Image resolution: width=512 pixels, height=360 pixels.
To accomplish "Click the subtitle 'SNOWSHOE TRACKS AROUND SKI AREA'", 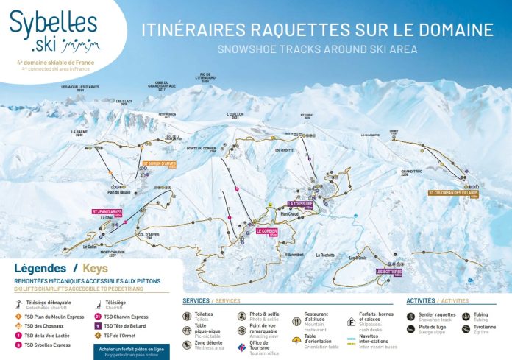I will click(x=318, y=49).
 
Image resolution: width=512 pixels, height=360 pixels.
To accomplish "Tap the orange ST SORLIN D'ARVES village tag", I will click(x=160, y=163).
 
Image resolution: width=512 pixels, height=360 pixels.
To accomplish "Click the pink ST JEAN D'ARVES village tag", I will click(x=107, y=212).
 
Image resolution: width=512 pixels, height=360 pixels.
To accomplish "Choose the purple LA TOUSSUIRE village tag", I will click(x=301, y=205).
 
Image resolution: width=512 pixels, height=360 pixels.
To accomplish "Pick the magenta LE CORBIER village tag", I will click(x=266, y=232).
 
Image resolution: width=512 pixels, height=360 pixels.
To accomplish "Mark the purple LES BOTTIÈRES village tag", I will click(x=388, y=272).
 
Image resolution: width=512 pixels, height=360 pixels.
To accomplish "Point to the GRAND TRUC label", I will click(x=410, y=174).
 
